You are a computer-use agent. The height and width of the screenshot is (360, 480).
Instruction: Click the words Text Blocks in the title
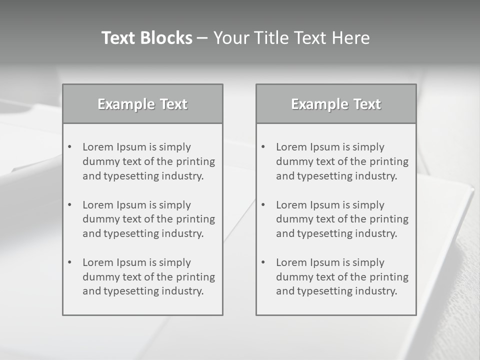point(146,38)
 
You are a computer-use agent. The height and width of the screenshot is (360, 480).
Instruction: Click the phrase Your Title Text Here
point(291,38)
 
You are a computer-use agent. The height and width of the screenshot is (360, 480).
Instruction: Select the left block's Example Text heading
point(142,104)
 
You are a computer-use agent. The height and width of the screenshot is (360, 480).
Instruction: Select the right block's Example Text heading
point(336,104)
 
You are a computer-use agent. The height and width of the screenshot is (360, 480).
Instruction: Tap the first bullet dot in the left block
point(69,147)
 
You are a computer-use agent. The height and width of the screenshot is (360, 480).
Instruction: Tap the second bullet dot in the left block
point(69,205)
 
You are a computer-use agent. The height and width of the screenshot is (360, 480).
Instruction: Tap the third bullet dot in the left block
point(69,262)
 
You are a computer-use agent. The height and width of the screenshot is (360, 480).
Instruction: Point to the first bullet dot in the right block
point(263,147)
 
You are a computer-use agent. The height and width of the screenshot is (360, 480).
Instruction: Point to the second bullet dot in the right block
point(263,205)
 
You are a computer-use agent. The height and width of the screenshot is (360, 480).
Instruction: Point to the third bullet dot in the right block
point(263,262)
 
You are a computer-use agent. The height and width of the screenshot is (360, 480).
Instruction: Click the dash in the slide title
point(202,38)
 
